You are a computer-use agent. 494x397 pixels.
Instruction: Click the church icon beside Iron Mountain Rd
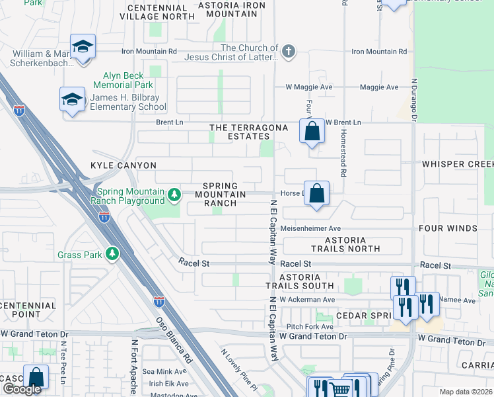[x=288, y=52]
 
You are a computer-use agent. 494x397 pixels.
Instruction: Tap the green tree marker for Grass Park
[x=113, y=254]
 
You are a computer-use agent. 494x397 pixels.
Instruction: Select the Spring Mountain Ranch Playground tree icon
[x=174, y=195]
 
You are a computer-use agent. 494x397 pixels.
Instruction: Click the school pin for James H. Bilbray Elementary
[x=72, y=99]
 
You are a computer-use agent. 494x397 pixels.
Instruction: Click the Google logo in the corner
[x=22, y=389]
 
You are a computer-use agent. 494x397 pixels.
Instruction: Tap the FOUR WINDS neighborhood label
[x=448, y=228]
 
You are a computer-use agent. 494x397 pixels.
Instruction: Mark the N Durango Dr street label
[x=414, y=100]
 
